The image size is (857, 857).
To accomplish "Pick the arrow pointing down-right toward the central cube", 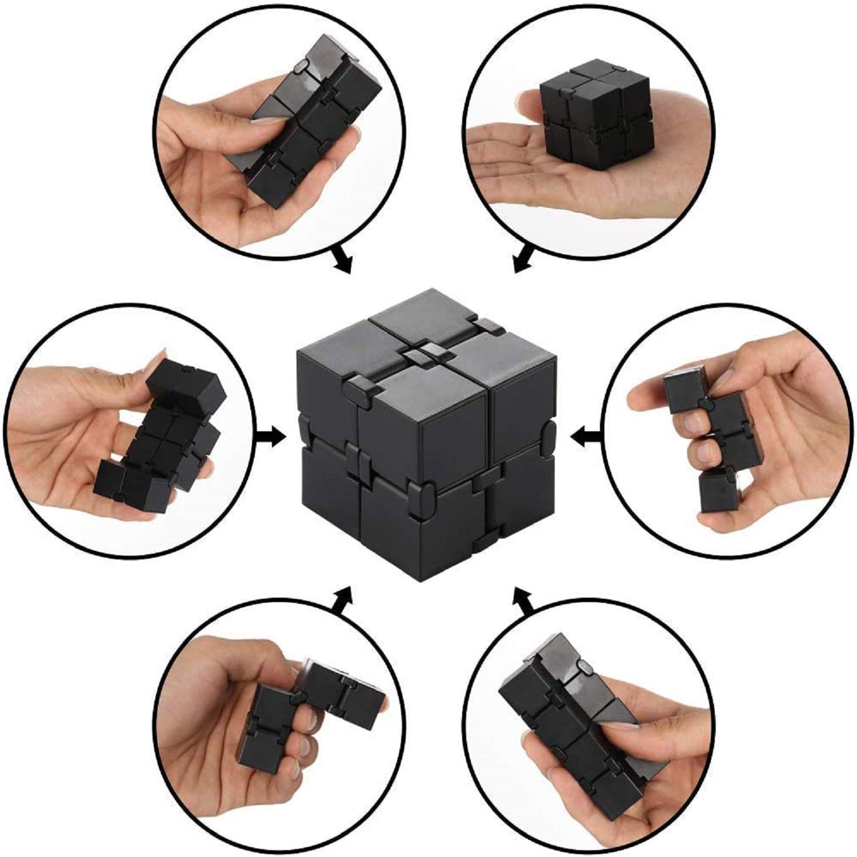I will (341, 259).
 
